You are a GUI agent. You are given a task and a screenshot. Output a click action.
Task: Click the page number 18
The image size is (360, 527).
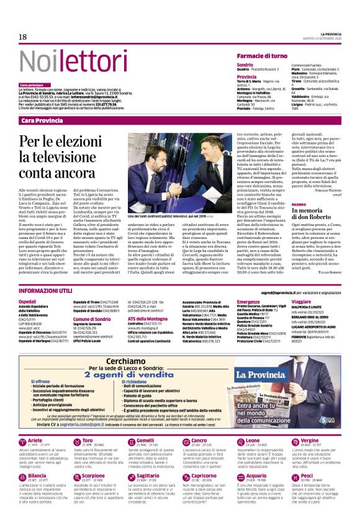23,37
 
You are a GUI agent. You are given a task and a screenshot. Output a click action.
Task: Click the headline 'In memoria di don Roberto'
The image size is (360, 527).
305,232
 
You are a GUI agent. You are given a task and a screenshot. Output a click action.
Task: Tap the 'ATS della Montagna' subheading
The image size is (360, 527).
149,318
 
